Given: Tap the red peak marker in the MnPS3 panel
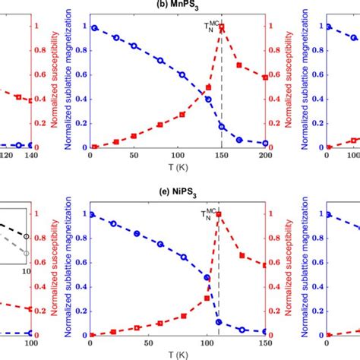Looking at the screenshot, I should [222, 27].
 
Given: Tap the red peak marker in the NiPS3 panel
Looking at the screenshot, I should [219, 214].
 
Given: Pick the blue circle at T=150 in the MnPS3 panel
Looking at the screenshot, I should [222, 126].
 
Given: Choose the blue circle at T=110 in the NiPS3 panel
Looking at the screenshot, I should [219, 322].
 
